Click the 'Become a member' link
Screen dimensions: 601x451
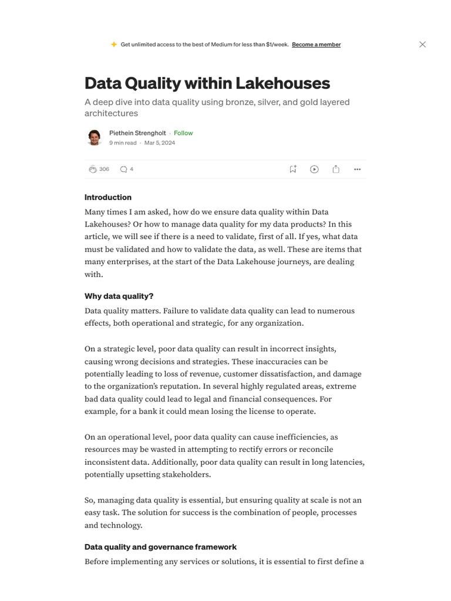tap(316, 45)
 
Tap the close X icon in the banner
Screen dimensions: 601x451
tap(422, 45)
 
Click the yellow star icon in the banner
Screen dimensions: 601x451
tap(114, 45)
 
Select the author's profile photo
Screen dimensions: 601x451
tap(94, 137)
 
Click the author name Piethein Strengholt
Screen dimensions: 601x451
tap(137, 133)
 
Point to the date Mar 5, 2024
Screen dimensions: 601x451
tap(160, 143)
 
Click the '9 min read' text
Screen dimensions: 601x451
tap(123, 143)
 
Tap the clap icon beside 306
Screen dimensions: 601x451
tap(92, 169)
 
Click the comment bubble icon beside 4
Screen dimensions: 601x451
tap(123, 169)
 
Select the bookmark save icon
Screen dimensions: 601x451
tap(292, 169)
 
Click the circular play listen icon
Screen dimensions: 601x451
tap(314, 169)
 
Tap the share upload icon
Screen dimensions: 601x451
tap(336, 169)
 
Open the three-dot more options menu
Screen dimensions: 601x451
tap(357, 169)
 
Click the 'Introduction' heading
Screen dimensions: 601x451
tap(108, 197)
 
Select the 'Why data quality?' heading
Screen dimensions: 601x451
tap(119, 296)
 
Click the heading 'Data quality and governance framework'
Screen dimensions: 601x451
tap(160, 547)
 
